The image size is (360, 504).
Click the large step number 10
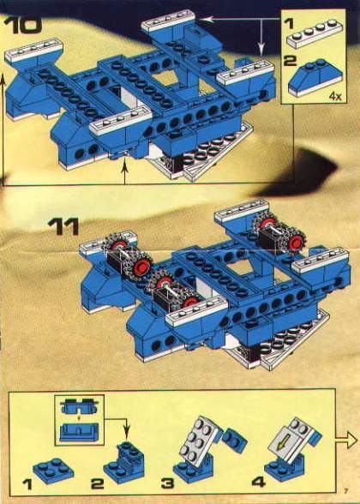pos(22,25)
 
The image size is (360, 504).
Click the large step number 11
pos(63,226)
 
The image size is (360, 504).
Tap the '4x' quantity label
pos(335,96)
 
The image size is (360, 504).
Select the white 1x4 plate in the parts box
pos(315,33)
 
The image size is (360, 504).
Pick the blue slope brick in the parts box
pos(315,77)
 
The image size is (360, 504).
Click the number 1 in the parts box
pos(290,23)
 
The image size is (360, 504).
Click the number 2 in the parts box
pos(290,61)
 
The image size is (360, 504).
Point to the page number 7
pos(346,491)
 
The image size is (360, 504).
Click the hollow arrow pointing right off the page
pos(346,440)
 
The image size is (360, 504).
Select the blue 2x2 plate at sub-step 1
pos(53,471)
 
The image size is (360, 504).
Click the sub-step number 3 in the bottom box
pos(167,483)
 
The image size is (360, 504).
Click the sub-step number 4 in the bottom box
pos(259,482)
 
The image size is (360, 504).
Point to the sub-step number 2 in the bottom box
pos(98,483)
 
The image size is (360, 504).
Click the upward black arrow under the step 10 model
pos(125,170)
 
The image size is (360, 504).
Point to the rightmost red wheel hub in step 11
pos(295,243)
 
